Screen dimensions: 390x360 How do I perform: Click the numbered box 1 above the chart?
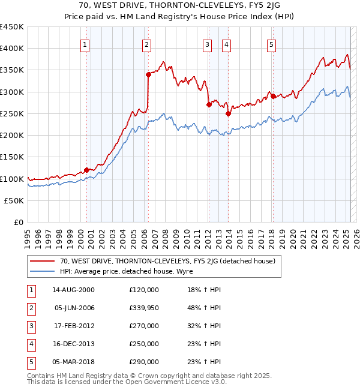85,44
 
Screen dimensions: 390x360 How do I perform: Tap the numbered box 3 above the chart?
207,44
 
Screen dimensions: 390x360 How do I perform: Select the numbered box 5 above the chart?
271,44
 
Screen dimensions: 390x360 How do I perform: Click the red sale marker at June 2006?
148,74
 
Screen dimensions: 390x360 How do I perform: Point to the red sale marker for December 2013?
228,113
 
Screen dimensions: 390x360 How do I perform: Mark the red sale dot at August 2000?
86,170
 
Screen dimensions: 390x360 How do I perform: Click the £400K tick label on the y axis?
12,49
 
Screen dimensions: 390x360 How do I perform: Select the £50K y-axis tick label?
14,201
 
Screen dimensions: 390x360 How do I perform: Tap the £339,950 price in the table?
144,308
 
